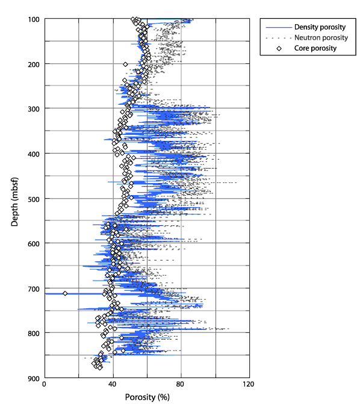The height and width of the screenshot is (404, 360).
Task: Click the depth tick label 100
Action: click(x=34, y=20)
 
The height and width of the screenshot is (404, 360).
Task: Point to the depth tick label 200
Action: click(x=34, y=64)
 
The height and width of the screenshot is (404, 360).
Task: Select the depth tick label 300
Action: click(x=34, y=109)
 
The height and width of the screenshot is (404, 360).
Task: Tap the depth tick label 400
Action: click(x=34, y=154)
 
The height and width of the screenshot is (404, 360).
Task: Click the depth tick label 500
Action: click(x=34, y=199)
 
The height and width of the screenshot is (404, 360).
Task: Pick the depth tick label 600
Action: click(x=34, y=244)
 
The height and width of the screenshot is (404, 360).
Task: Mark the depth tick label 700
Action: click(x=34, y=289)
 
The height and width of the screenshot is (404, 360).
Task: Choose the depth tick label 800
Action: click(x=34, y=334)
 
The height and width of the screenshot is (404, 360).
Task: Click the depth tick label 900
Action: click(x=34, y=379)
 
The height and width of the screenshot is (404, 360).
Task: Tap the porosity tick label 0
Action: click(x=45, y=384)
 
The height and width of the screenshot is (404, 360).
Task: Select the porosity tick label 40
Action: click(x=113, y=384)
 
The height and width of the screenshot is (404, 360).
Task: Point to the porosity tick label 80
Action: click(x=180, y=384)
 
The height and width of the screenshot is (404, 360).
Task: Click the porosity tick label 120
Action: click(x=249, y=384)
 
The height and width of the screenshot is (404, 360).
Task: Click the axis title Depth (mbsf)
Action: click(x=14, y=202)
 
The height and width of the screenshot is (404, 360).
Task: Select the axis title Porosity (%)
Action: click(x=147, y=397)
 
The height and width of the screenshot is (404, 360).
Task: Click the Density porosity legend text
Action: click(x=320, y=27)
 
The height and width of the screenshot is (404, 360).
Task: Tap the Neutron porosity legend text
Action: click(x=321, y=37)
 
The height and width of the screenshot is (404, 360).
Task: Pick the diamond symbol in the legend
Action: click(x=279, y=48)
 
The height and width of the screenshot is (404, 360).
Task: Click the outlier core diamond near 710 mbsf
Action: click(x=65, y=293)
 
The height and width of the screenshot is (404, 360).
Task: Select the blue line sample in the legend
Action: click(x=279, y=27)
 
